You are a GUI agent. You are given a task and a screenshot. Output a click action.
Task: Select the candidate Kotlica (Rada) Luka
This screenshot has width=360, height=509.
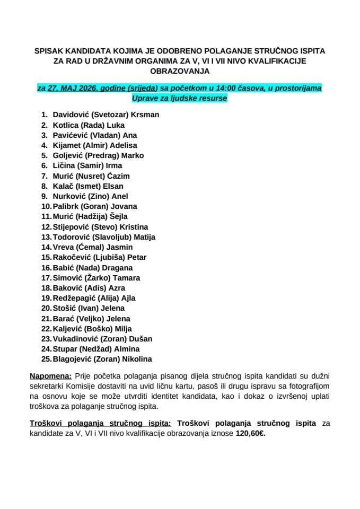pyautogui.click(x=89, y=125)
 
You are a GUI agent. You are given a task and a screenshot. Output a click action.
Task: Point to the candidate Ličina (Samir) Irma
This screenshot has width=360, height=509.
pyautogui.click(x=87, y=166)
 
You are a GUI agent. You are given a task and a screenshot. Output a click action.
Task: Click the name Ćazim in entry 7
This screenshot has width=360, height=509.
pyautogui.click(x=118, y=176)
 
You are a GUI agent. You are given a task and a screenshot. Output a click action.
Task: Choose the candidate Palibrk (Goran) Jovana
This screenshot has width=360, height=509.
pyautogui.click(x=95, y=206)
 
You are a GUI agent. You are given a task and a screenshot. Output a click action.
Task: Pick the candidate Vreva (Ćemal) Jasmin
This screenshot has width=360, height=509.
pyautogui.click(x=92, y=247)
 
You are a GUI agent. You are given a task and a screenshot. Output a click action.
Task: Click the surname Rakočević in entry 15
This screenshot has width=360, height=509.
pyautogui.click(x=74, y=257)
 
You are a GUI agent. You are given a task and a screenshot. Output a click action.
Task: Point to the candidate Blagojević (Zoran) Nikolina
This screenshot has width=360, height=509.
pyautogui.click(x=102, y=359)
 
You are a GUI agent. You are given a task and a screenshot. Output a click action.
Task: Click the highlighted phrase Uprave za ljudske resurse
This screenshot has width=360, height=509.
pyautogui.click(x=180, y=98)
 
